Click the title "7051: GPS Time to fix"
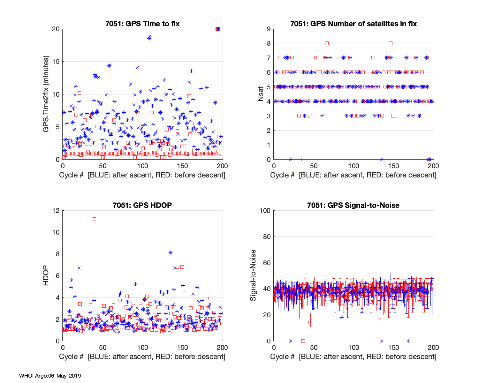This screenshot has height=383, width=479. point(142,24)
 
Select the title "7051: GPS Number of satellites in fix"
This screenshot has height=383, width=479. point(354,24)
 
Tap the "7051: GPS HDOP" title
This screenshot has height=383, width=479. point(142,205)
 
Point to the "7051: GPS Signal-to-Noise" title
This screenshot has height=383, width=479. point(354,205)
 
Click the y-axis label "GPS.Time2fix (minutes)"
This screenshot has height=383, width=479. point(46,94)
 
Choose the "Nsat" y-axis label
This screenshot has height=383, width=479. point(261,94)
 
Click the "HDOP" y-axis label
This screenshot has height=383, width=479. point(46,276)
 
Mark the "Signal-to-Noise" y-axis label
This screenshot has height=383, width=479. point(253,276)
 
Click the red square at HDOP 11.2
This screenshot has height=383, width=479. point(94,219)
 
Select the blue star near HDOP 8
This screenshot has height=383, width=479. point(171,252)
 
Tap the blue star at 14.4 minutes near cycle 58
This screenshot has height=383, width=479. point(109,65)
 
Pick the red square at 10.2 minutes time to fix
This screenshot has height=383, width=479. point(80,93)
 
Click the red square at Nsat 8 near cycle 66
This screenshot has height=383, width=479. point(327,43)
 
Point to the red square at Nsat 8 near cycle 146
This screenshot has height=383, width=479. point(391,43)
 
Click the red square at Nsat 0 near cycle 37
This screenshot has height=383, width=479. point(303,159)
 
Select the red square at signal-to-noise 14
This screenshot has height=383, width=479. point(310,323)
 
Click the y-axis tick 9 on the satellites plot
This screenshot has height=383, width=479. point(269,29)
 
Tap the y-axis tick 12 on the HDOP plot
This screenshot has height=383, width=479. point(56,211)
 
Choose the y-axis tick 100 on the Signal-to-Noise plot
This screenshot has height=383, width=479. point(265,211)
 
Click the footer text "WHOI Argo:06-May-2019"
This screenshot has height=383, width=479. point(50,376)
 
